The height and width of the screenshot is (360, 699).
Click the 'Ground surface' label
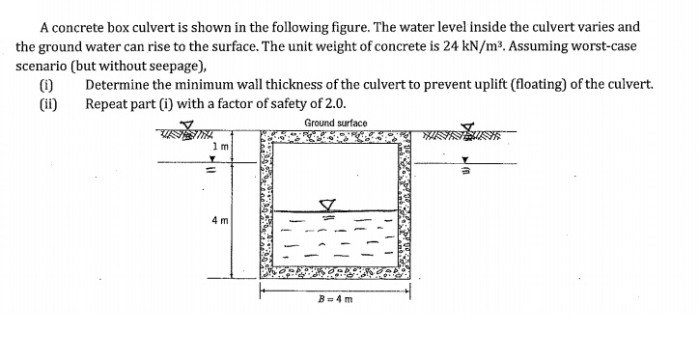click(335, 123)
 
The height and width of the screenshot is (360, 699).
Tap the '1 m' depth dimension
click(219, 146)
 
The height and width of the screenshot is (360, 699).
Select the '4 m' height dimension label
click(219, 220)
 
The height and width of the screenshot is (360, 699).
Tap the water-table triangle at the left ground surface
click(189, 125)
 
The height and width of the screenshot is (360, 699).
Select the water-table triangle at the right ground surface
click(470, 126)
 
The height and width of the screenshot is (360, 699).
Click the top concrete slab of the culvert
click(335, 138)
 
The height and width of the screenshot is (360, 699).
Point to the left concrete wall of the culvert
click(267, 208)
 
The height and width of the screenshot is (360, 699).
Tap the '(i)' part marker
click(45, 85)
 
